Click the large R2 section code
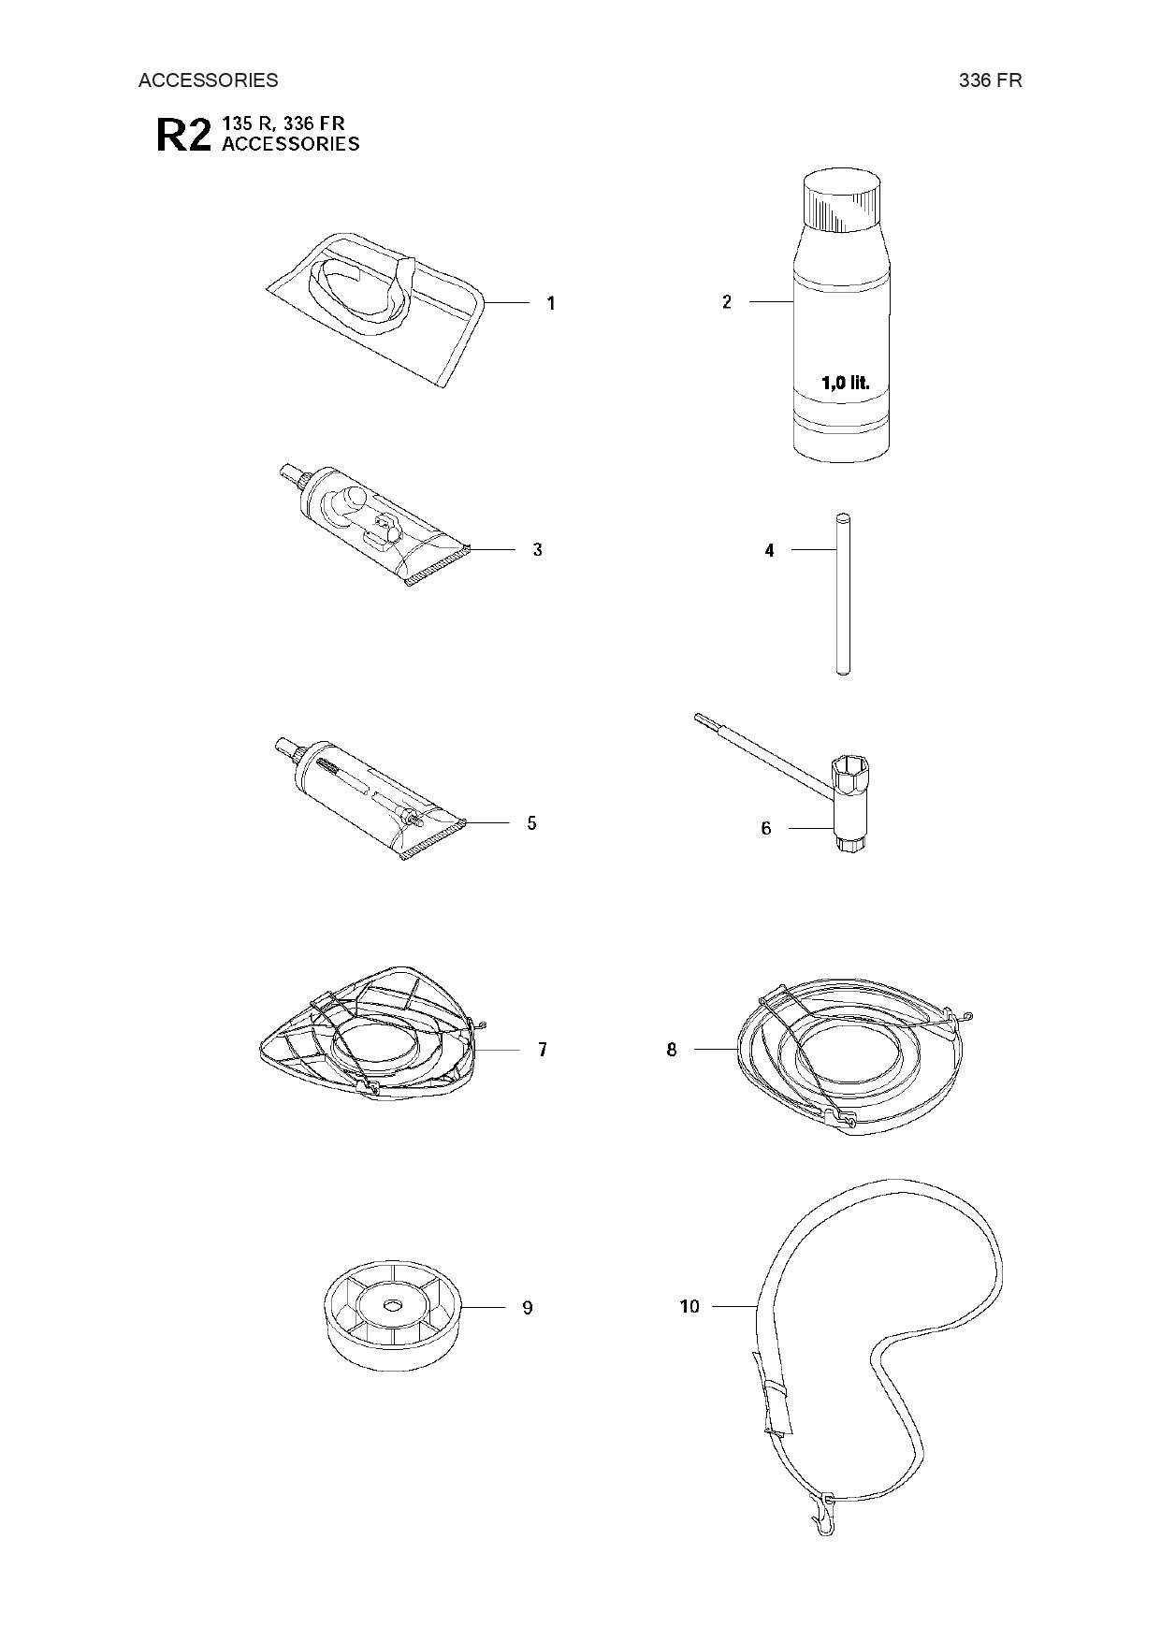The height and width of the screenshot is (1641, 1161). (x=183, y=135)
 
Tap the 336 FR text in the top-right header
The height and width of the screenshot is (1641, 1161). (x=990, y=80)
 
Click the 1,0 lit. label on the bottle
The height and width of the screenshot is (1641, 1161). (x=845, y=383)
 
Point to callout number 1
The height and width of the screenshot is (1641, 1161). (x=551, y=303)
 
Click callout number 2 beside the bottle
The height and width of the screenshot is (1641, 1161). (x=727, y=302)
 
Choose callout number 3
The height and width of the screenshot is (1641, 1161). (x=538, y=550)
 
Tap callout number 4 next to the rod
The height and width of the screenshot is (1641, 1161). (x=769, y=551)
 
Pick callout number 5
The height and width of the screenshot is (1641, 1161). (x=532, y=823)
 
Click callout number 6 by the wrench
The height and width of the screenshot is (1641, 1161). (x=766, y=828)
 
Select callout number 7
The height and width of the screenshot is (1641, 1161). (x=543, y=1050)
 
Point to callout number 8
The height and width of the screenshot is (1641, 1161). (x=672, y=1050)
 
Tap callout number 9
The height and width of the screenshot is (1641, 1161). (x=528, y=1308)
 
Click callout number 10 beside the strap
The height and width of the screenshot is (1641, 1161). (x=689, y=1306)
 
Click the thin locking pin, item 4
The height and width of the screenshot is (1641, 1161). (x=841, y=593)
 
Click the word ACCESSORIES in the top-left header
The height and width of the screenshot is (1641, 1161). (x=208, y=80)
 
